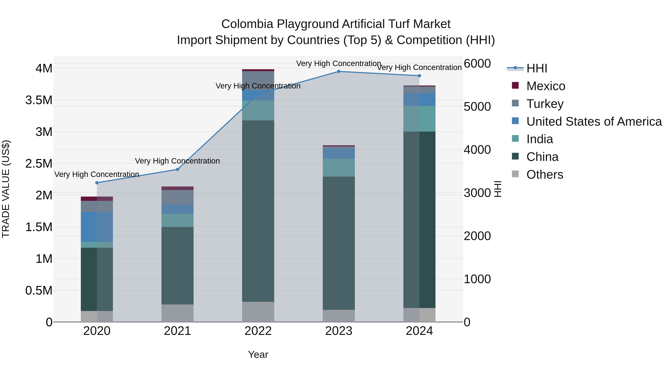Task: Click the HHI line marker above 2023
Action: point(339,71)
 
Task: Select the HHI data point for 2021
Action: point(177,169)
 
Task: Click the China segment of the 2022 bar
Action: point(258,211)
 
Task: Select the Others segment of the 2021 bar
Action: point(177,313)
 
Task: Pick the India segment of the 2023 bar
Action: point(339,168)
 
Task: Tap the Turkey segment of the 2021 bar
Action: point(177,197)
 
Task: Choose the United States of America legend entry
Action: point(594,122)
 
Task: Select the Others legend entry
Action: point(545,175)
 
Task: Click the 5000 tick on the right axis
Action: point(477,107)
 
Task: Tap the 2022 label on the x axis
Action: point(258,331)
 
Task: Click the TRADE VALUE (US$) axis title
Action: point(6,189)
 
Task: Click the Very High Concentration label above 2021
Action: point(177,161)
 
